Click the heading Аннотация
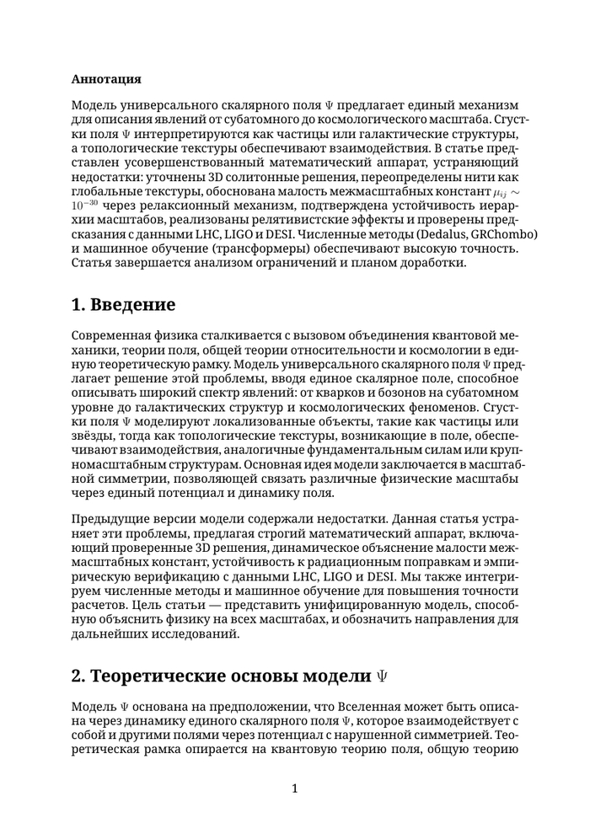point(106,79)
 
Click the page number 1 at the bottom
point(294,789)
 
